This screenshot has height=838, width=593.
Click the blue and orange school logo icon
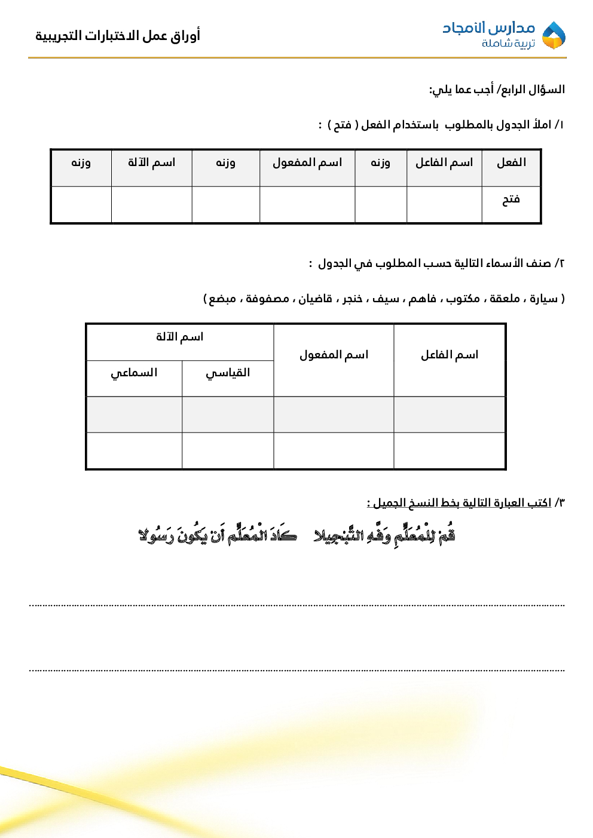coord(554,35)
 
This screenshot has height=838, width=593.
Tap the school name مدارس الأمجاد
coord(488,27)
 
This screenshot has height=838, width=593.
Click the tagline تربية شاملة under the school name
coord(508,44)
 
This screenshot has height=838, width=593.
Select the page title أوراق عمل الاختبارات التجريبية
coord(118,36)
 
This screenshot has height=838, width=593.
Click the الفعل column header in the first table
coord(511,162)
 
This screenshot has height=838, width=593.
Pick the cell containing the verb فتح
coord(511,199)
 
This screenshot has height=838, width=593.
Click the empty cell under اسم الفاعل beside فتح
coord(444,205)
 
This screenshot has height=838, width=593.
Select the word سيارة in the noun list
coord(543,299)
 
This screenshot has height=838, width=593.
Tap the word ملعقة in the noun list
coord(505,299)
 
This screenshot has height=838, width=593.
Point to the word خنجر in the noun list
coord(352,299)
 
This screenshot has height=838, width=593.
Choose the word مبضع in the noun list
coord(222,299)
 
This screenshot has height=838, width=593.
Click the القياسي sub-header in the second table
coord(228,373)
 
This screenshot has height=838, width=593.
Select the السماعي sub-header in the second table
coord(134,373)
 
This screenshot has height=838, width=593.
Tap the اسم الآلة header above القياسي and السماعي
coord(179,337)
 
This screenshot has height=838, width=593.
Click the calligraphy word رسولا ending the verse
coord(156,536)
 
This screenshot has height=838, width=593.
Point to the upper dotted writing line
coord(296,605)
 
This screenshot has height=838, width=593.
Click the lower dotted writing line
coord(296,670)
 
